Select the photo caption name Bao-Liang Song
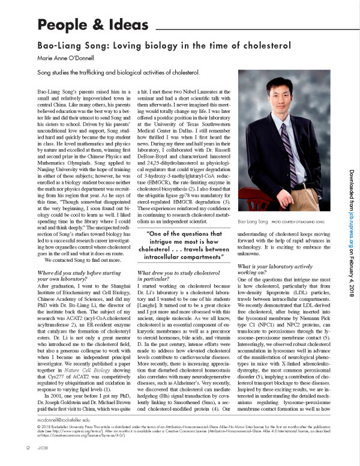(x=253, y=222)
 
